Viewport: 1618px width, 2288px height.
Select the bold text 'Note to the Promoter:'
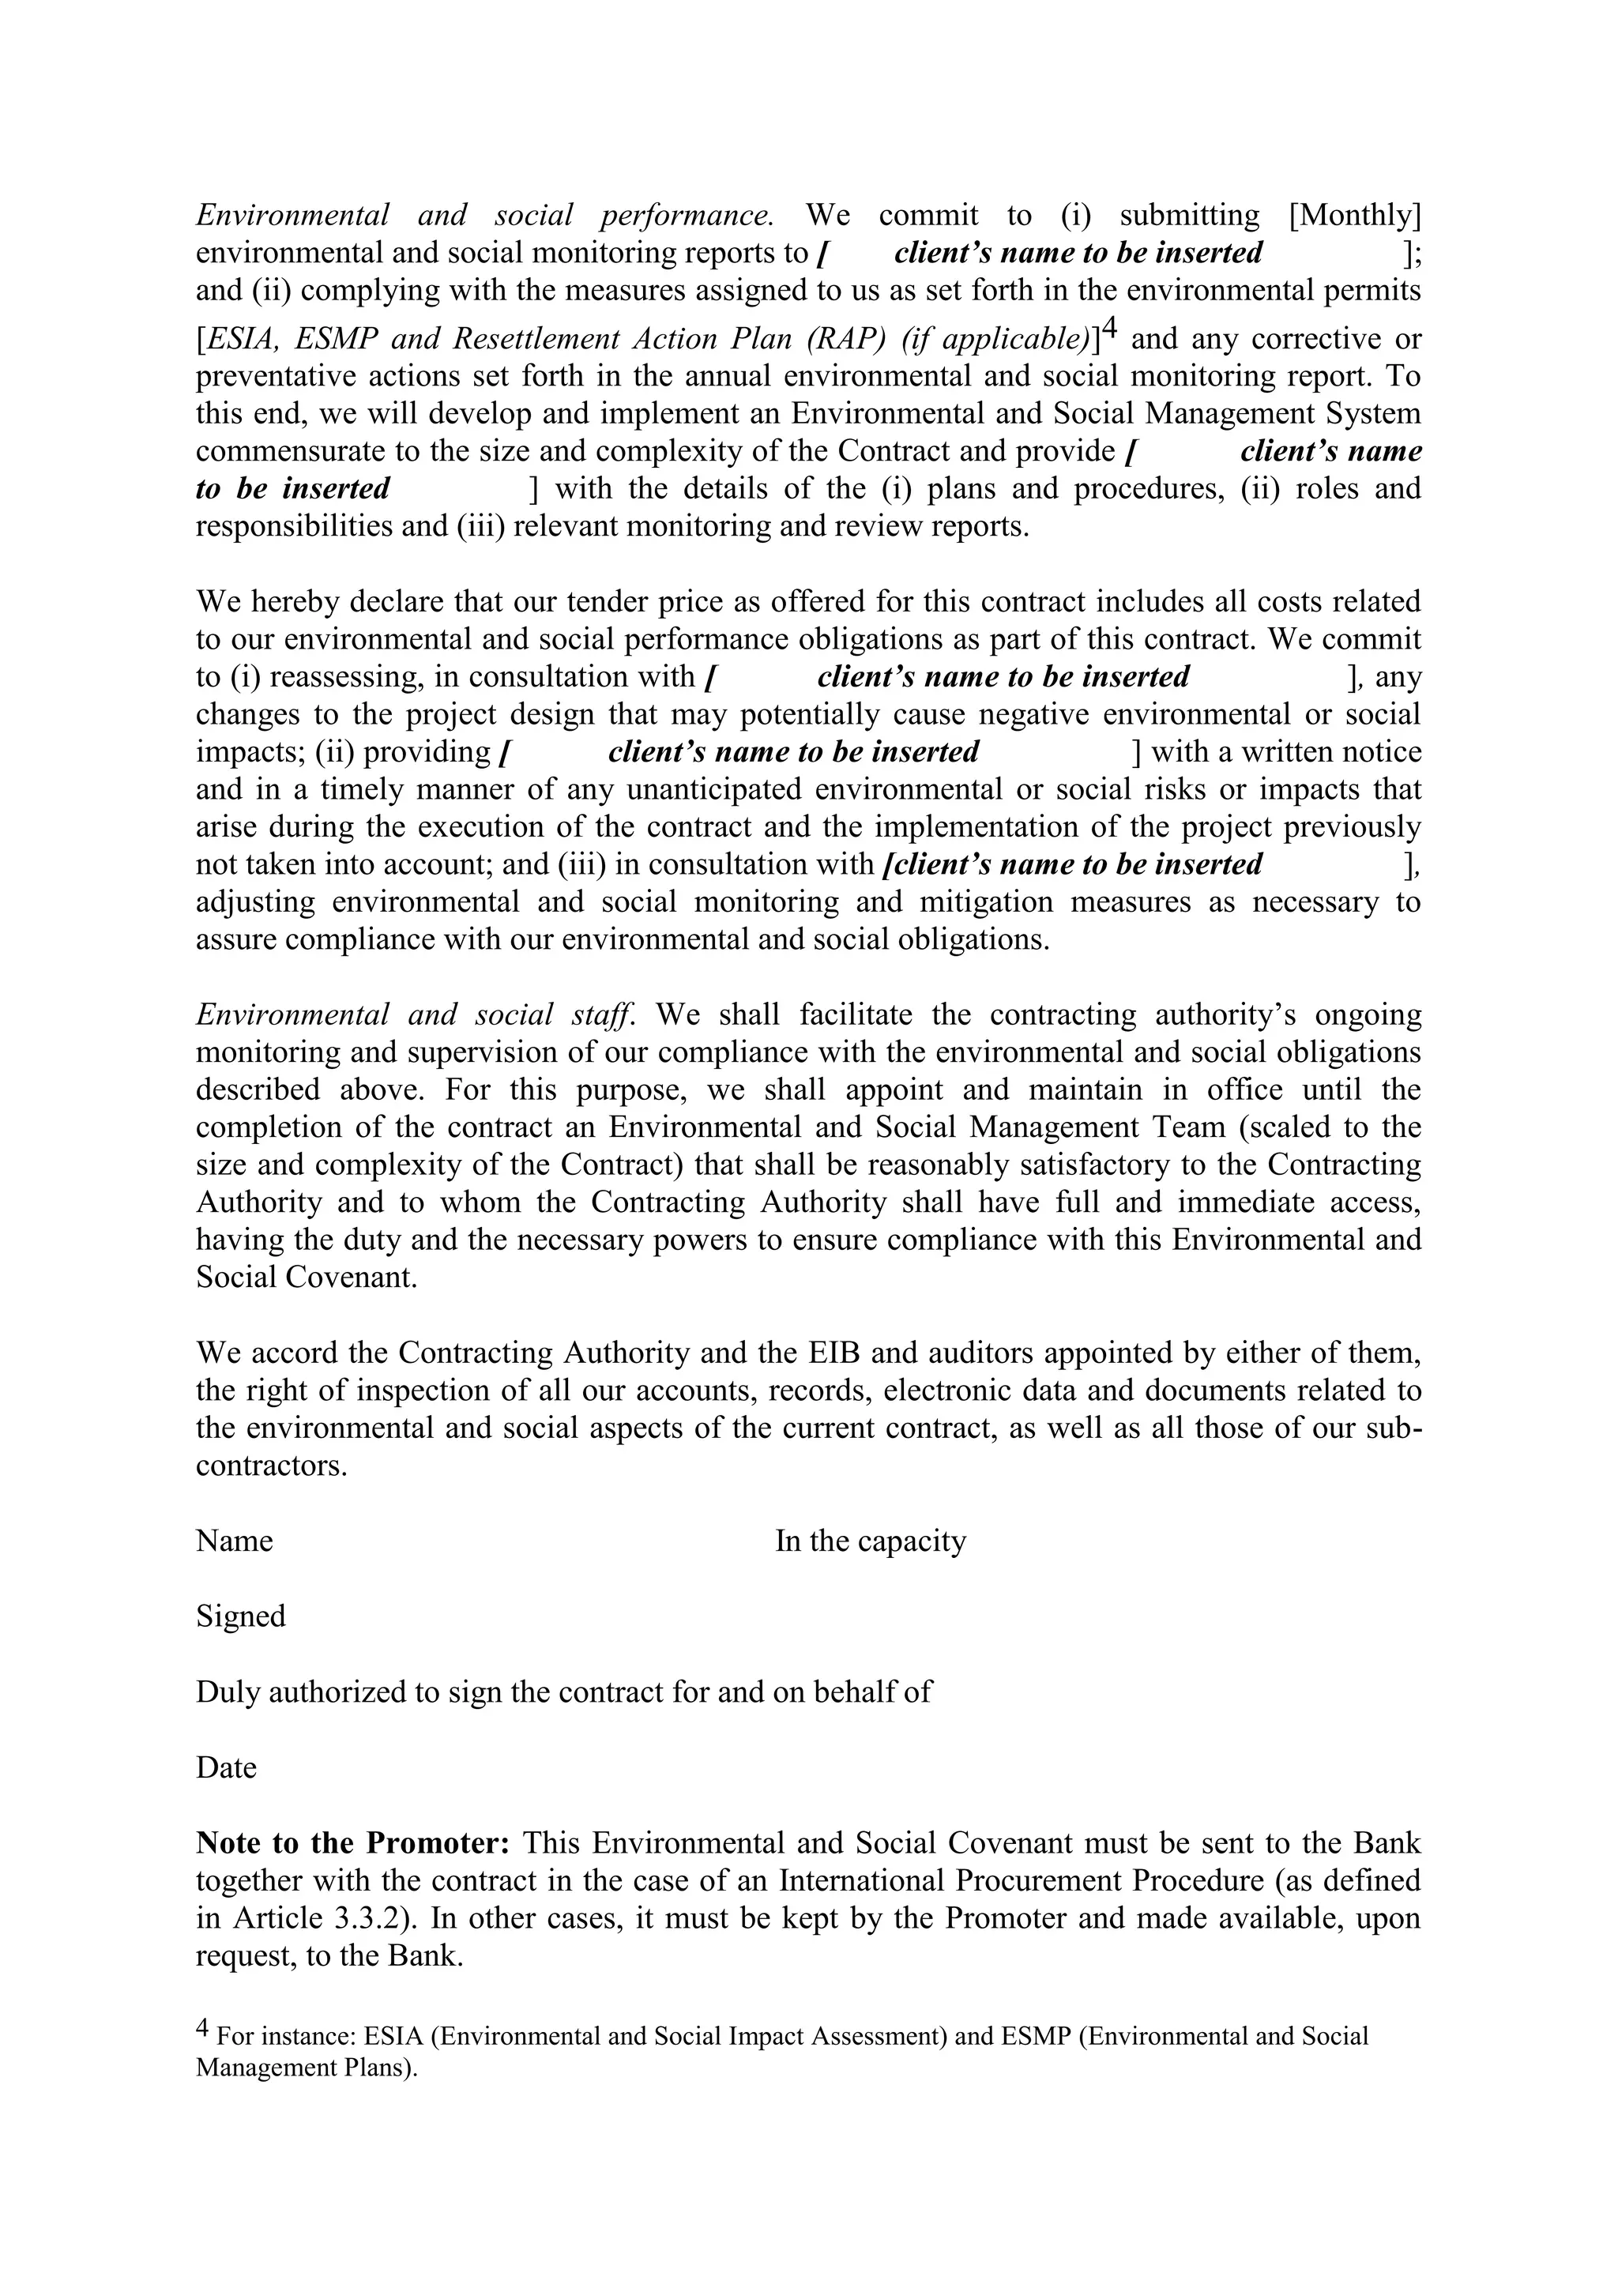(352, 1842)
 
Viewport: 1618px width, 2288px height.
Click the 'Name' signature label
(234, 1541)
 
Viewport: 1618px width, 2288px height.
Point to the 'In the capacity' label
(870, 1541)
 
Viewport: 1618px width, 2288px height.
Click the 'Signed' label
(240, 1616)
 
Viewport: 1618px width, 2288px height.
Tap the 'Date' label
(226, 1767)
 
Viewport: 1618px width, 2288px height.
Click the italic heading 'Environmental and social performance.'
(484, 215)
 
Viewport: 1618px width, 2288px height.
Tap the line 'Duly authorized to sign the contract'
(563, 1691)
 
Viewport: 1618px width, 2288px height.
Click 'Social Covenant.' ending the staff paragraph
(306, 1277)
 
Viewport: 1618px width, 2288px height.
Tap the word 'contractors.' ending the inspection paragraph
(271, 1466)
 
